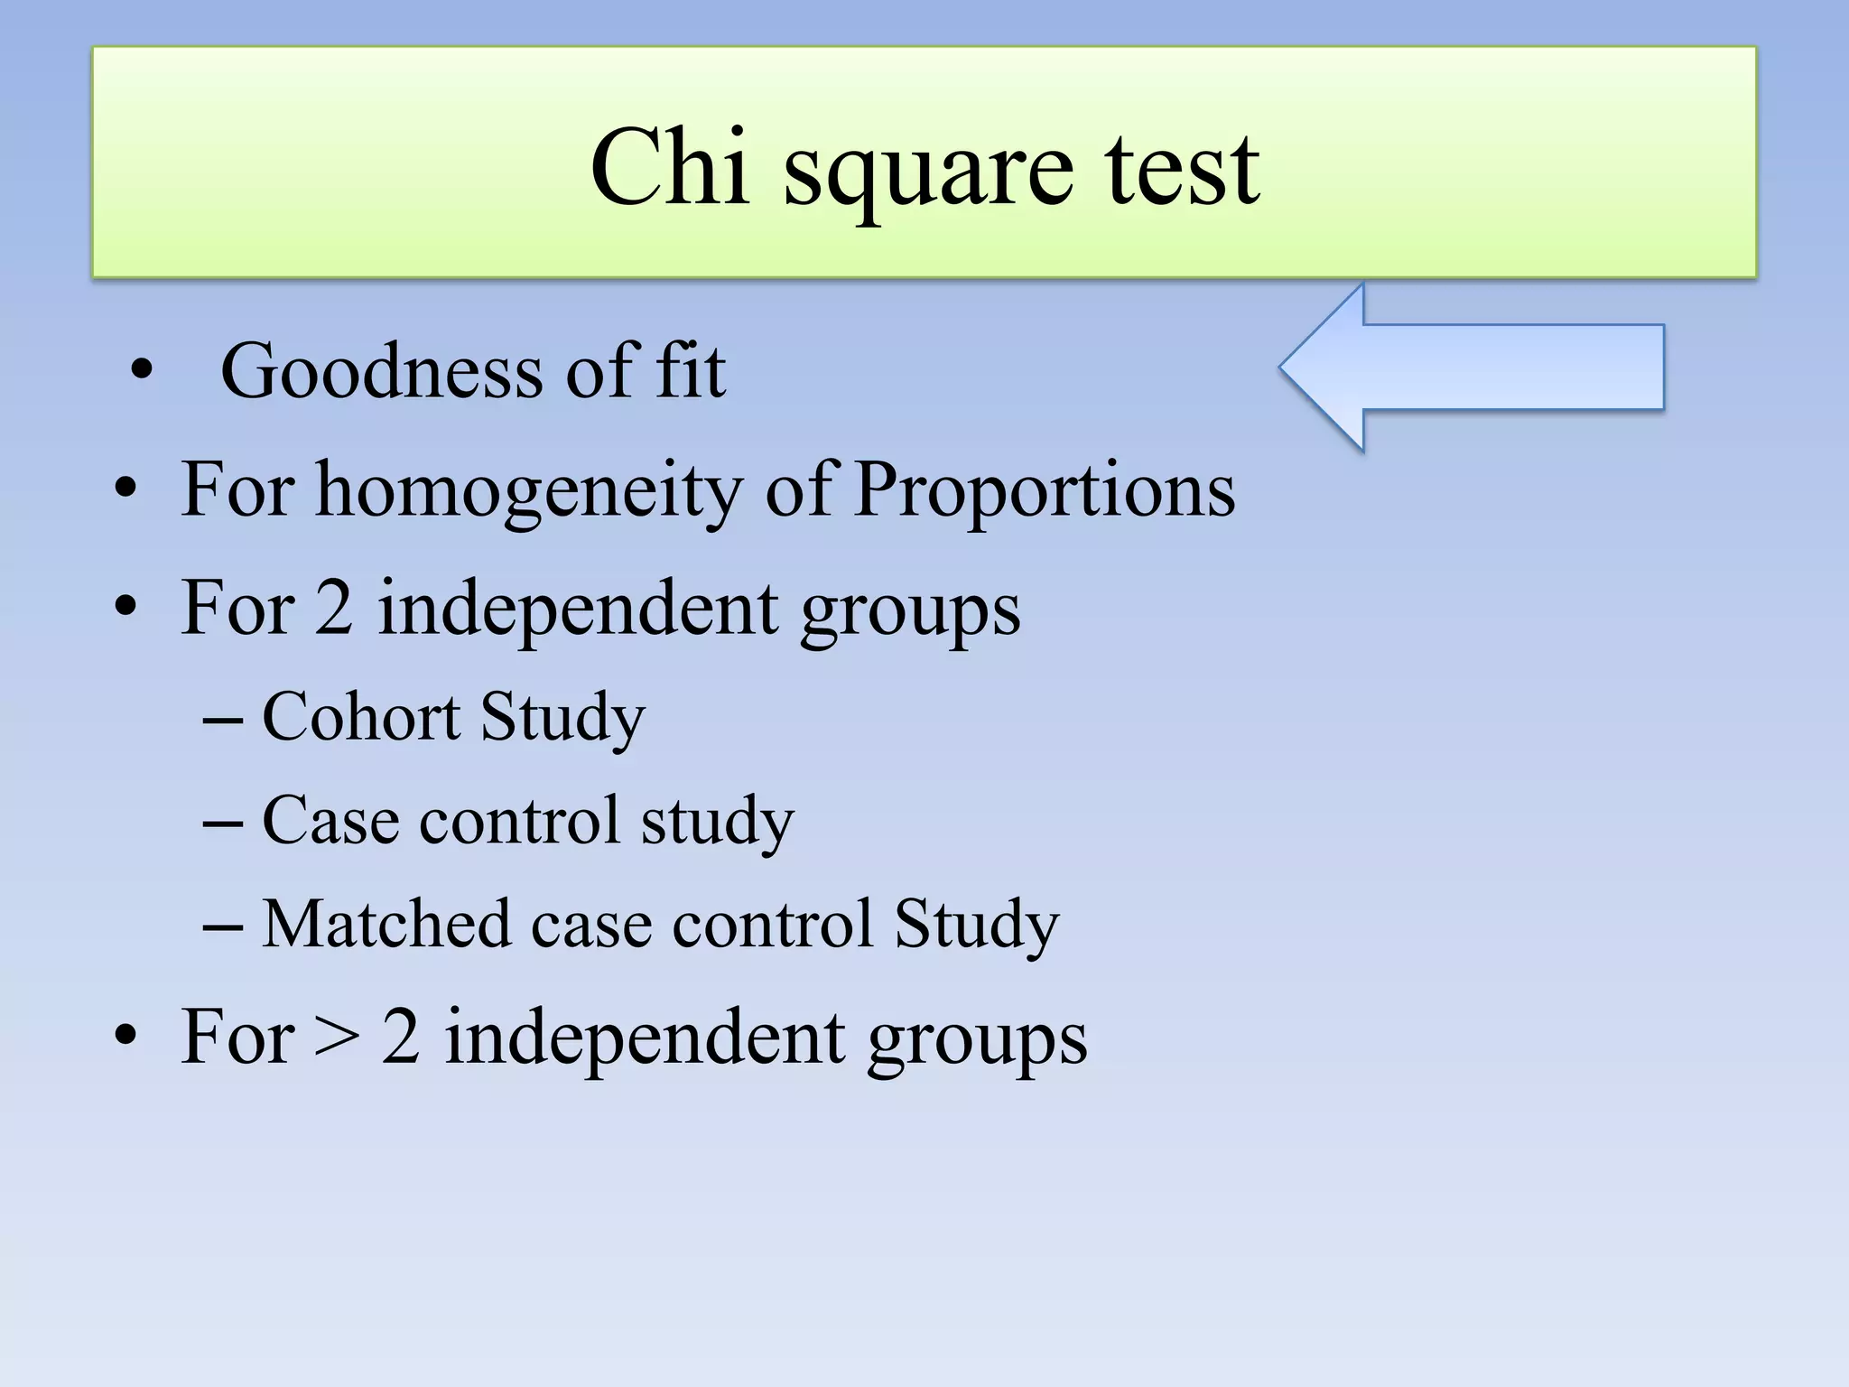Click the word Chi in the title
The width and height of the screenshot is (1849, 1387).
[669, 167]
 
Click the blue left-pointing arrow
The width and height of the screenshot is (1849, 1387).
[1472, 368]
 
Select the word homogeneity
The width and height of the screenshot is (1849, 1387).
[527, 492]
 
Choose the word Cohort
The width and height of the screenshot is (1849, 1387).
[361, 717]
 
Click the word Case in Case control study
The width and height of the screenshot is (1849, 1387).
[330, 821]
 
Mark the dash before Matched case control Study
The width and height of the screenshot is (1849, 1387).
[223, 927]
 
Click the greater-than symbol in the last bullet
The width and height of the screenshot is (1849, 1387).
[337, 1038]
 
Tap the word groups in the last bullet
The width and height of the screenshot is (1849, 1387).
[977, 1041]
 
